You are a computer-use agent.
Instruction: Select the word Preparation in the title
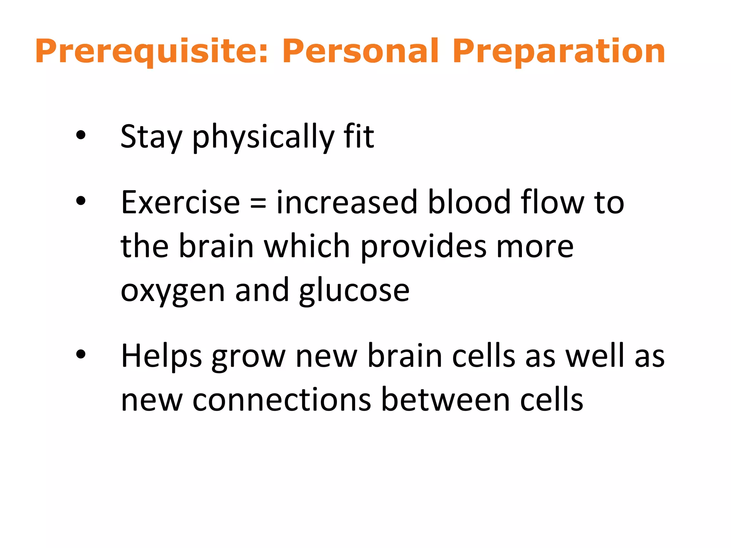click(559, 52)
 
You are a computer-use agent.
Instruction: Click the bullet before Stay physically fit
click(81, 135)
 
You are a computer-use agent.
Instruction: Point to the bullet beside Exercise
click(81, 201)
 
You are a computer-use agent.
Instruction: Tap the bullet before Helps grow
click(81, 354)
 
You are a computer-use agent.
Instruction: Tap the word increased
click(347, 203)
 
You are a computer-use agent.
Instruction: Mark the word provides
click(424, 247)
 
